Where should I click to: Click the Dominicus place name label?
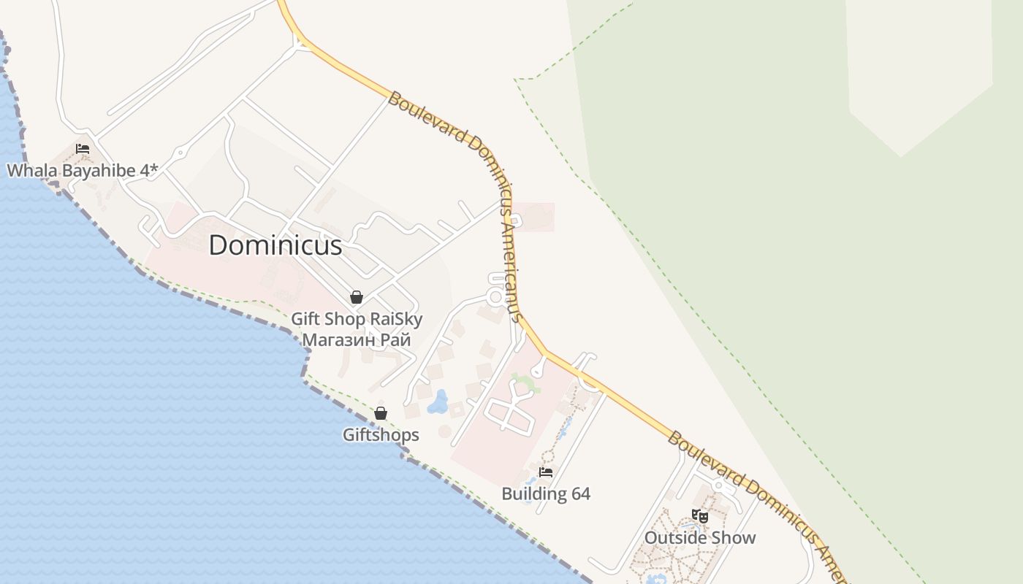[275, 245]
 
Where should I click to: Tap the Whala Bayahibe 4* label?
[82, 171]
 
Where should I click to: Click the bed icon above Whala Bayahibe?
[83, 149]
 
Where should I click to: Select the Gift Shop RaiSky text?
[357, 319]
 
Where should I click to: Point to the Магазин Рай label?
[357, 339]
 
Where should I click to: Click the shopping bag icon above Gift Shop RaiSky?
[357, 297]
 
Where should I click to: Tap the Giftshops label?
[381, 435]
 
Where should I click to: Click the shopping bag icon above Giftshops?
[381, 413]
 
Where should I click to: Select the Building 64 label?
[546, 493]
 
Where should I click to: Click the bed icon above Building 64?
[546, 472]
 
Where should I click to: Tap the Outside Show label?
[700, 538]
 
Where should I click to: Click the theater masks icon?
[700, 516]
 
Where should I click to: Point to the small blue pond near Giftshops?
[438, 401]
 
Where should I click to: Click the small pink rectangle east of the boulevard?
[537, 217]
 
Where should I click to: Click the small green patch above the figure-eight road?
[526, 381]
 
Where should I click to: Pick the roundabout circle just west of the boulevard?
[495, 296]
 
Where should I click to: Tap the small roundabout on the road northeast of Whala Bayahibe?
[179, 153]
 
